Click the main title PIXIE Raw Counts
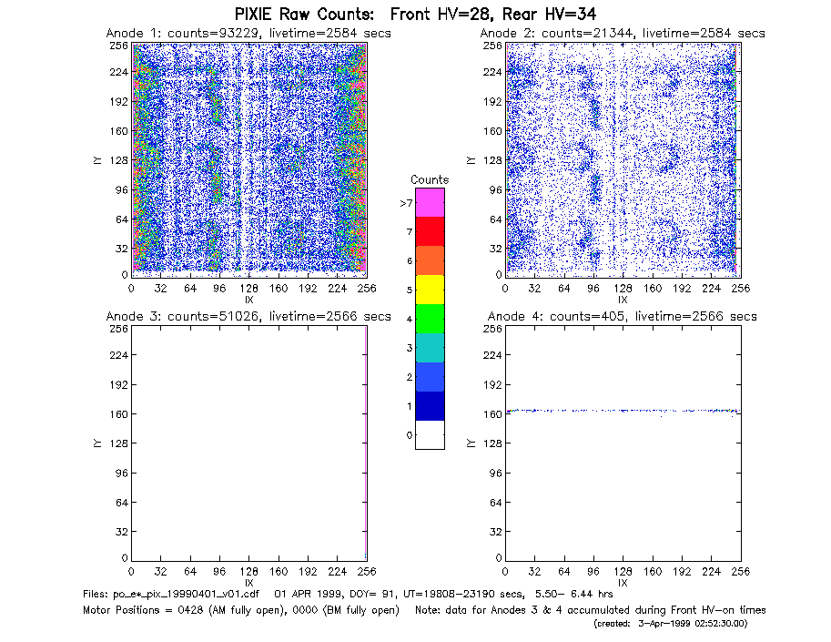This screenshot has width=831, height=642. tap(304, 14)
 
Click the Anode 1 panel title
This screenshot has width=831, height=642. tap(248, 34)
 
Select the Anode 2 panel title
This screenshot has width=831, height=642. tap(623, 34)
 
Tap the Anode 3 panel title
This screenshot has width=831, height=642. tap(248, 317)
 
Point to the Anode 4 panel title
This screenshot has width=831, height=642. tap(623, 317)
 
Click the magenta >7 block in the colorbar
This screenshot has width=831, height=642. tap(430, 202)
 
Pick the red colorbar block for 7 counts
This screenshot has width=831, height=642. tap(430, 231)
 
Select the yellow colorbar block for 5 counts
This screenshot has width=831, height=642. tap(430, 290)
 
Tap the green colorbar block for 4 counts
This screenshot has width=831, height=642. tap(430, 319)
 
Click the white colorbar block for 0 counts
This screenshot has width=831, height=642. tap(430, 434)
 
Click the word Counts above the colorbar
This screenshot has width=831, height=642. tap(430, 179)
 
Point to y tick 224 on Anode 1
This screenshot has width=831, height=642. tap(118, 72)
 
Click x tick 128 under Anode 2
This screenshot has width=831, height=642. tap(623, 289)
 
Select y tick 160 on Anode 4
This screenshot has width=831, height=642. tap(492, 414)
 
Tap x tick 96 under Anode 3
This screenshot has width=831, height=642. tap(219, 572)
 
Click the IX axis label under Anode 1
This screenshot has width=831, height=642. tap(249, 301)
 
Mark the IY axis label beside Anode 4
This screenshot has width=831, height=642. tap(470, 443)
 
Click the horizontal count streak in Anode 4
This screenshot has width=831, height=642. tap(623, 411)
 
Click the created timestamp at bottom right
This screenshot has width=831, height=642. tap(671, 624)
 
